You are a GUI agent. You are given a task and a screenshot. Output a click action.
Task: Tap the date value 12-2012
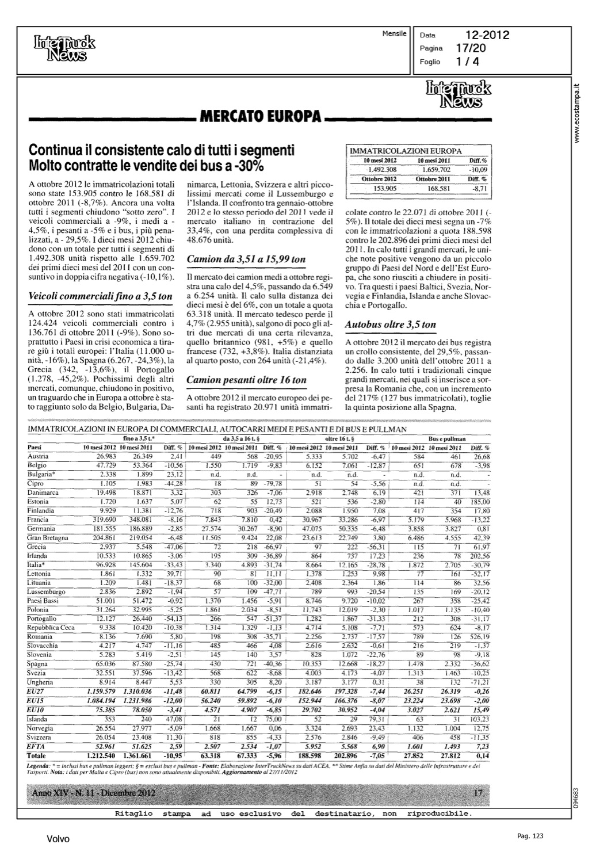point(488,35)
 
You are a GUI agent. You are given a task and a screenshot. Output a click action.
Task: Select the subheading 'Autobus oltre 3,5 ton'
point(390,324)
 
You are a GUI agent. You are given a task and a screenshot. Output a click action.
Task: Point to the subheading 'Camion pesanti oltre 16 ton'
point(247,380)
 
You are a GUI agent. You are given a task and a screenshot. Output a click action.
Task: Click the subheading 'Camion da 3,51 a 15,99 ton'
point(246,259)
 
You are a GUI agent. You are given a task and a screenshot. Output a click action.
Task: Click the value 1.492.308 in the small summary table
point(381,170)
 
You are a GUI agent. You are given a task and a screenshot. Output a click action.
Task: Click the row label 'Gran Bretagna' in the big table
point(48,538)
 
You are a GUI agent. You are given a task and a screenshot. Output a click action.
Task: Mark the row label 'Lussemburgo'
point(47,591)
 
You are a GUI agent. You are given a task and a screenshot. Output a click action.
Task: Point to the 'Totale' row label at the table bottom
point(37,755)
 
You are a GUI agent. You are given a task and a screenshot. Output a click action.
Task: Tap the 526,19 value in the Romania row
point(479,637)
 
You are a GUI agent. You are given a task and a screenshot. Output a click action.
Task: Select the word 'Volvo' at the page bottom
point(58,839)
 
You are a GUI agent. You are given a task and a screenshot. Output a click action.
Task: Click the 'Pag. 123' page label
point(530,836)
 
